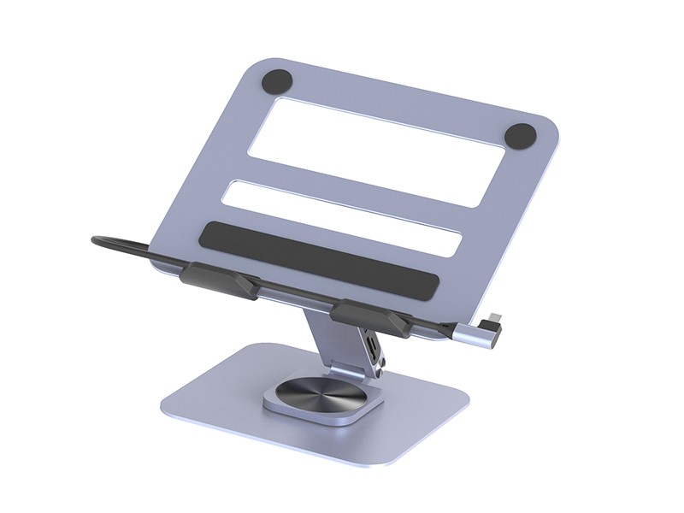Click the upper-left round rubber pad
pyautogui.click(x=278, y=81)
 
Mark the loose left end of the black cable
pyautogui.click(x=97, y=241)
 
